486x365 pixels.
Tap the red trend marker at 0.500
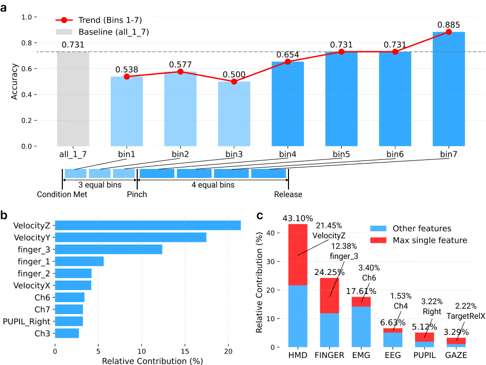point(234,81)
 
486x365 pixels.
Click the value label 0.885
point(448,25)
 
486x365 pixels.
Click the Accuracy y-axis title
point(16,81)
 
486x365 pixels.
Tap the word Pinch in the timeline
point(137,194)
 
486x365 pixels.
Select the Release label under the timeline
point(288,194)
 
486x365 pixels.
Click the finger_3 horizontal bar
point(108,249)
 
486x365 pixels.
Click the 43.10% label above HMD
point(298,219)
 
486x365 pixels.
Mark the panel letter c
point(260,216)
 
